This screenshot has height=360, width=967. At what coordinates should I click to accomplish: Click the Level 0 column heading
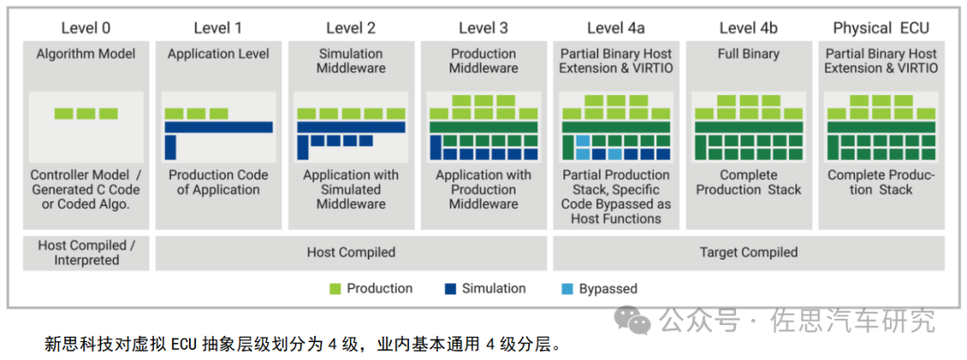tap(86, 28)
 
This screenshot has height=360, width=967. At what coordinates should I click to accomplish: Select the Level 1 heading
tap(218, 28)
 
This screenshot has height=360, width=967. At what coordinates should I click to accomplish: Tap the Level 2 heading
tap(351, 28)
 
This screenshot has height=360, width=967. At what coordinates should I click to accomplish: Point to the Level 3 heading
tap(483, 28)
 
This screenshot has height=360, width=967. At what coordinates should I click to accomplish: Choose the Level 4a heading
tap(616, 28)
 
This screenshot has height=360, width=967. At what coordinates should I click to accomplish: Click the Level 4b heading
tap(748, 28)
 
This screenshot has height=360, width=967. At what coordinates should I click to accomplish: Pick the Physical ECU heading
tap(881, 28)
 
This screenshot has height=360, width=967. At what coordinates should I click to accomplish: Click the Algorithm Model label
tap(86, 54)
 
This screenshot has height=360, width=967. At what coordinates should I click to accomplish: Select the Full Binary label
tap(748, 54)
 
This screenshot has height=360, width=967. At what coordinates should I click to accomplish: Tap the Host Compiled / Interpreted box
tap(86, 253)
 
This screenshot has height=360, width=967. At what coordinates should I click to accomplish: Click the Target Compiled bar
tap(748, 253)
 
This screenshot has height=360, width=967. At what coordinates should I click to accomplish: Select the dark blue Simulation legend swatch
tap(450, 288)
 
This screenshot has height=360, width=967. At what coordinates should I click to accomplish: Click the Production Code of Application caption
tap(218, 183)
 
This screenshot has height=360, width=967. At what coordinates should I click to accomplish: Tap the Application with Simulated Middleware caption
tap(351, 190)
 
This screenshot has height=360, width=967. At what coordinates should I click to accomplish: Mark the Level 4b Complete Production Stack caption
tap(748, 183)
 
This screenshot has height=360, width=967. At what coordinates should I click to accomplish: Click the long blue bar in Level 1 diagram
tap(218, 127)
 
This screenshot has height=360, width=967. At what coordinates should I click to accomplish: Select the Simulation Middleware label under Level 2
tap(351, 61)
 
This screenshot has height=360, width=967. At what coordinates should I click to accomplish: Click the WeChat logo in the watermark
tap(637, 319)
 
